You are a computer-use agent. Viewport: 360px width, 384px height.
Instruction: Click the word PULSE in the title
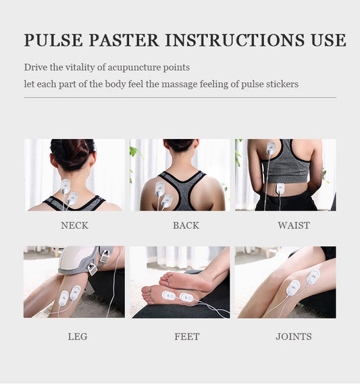click(x=53, y=40)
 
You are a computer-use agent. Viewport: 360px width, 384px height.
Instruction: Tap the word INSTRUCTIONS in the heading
click(x=234, y=40)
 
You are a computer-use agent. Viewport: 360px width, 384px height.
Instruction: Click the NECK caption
click(x=74, y=225)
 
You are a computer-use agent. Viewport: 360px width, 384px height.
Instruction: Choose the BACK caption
click(x=186, y=225)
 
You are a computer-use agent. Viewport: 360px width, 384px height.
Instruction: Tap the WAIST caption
click(x=294, y=225)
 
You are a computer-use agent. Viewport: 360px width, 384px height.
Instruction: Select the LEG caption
click(x=78, y=337)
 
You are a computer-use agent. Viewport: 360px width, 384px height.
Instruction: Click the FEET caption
click(x=186, y=337)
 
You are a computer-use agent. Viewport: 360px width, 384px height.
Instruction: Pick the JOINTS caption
click(x=294, y=337)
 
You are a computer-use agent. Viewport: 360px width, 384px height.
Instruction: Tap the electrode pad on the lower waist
click(x=280, y=188)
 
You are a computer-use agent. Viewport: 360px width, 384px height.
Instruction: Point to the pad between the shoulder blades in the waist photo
click(x=271, y=147)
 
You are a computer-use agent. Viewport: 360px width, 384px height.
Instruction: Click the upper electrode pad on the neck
click(x=66, y=186)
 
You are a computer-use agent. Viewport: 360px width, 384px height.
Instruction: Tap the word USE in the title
click(x=329, y=40)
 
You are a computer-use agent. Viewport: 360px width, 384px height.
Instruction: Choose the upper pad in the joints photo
click(x=313, y=276)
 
